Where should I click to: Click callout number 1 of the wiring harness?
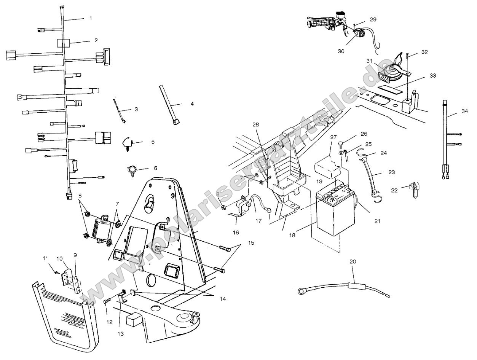(91, 18)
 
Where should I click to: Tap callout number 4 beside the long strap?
(192, 104)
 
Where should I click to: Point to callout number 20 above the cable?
(353, 261)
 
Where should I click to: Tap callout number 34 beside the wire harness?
(464, 111)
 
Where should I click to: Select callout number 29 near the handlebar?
(373, 19)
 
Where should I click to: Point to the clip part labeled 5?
(128, 143)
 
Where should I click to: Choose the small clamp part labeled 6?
(131, 169)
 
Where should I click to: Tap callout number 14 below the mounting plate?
(222, 299)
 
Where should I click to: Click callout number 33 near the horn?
(432, 76)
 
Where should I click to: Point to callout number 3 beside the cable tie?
(136, 109)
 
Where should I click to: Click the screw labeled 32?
(407, 56)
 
